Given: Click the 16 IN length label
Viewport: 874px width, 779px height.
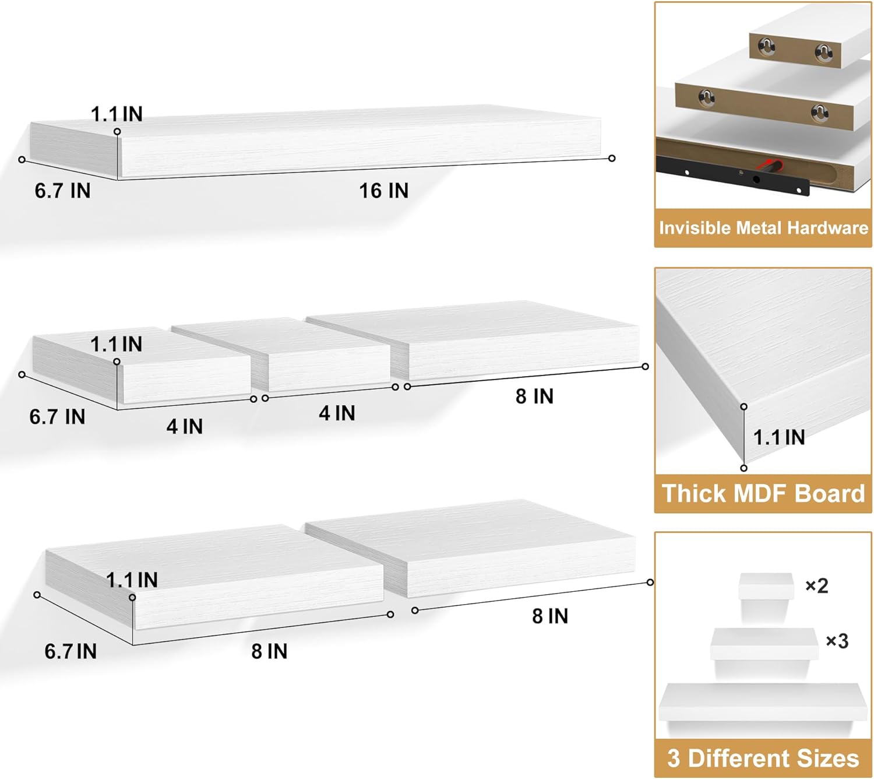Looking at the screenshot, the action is click(x=383, y=191).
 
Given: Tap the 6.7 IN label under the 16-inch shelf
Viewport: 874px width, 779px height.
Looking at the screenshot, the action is click(x=62, y=191).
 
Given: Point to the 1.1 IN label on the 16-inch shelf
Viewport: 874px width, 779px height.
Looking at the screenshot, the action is click(x=117, y=114).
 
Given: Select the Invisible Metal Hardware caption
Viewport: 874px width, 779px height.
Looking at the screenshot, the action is click(x=763, y=227).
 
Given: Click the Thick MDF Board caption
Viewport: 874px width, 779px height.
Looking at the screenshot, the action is click(x=763, y=493).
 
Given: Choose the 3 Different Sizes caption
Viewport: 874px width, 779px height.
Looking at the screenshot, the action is click(x=763, y=758).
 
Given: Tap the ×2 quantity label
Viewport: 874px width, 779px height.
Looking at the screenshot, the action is click(x=817, y=585).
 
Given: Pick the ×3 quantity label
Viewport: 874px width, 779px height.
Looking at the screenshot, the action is click(x=837, y=641).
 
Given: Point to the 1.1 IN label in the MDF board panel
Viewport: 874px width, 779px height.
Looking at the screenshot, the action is click(x=779, y=437).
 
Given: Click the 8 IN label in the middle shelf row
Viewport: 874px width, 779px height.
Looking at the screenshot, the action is click(x=534, y=396).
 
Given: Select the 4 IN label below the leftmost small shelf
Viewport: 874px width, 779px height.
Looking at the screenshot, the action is click(x=185, y=426).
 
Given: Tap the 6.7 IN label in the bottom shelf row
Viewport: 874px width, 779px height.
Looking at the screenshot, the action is click(x=71, y=651).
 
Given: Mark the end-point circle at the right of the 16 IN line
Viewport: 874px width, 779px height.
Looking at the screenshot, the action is click(x=612, y=159).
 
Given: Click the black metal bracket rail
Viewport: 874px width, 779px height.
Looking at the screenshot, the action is click(x=732, y=176).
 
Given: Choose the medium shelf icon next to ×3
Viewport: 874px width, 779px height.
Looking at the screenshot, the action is click(x=764, y=644).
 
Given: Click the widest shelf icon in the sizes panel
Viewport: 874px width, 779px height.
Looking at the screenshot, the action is click(x=763, y=702).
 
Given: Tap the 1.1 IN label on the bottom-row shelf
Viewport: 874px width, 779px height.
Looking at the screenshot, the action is click(x=132, y=580).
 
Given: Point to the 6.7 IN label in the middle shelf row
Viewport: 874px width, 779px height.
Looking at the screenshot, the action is click(x=57, y=416).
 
